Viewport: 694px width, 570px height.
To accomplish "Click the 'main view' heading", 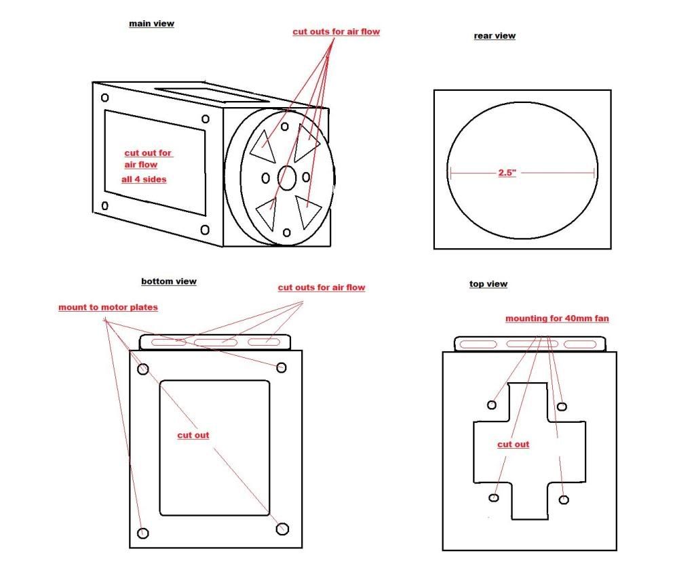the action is click(151, 24).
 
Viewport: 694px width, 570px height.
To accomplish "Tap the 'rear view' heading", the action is click(495, 36).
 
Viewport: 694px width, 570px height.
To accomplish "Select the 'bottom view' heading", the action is click(169, 281).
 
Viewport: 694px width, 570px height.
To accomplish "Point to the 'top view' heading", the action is click(488, 284).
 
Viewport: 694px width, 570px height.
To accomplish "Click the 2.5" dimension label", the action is click(507, 172).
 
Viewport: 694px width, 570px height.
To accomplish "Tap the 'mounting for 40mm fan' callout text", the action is click(557, 319).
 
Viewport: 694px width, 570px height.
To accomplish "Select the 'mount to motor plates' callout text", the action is click(108, 307).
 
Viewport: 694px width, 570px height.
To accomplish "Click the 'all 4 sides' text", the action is click(144, 179).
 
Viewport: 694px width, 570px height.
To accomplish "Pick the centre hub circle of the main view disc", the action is click(287, 178).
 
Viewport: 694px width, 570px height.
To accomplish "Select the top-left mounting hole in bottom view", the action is click(143, 369).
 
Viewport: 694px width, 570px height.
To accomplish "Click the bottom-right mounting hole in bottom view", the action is click(282, 529).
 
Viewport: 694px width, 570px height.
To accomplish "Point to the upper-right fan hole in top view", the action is click(562, 407).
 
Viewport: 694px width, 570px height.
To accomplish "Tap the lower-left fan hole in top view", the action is click(494, 497).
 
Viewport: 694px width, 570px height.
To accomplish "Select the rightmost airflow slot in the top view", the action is click(580, 344).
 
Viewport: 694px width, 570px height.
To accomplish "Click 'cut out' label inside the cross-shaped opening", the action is click(513, 445).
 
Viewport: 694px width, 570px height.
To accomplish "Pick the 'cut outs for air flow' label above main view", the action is click(336, 32).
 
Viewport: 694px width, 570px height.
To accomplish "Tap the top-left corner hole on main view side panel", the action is click(105, 98).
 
